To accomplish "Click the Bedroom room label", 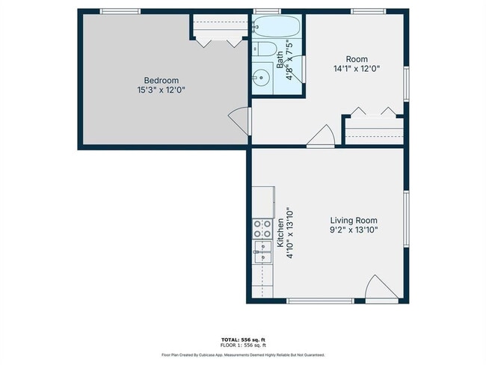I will [x=161, y=80].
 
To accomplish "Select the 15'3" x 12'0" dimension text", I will [x=161, y=90].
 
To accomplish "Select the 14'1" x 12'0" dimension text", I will [x=357, y=69].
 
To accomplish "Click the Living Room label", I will [x=354, y=221].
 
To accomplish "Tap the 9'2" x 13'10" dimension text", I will [x=354, y=230].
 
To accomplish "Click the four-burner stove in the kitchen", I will [x=262, y=228].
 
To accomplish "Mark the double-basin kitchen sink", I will [x=262, y=251].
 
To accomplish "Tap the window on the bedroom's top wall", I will [x=120, y=10].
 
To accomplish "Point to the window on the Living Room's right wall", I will [x=407, y=217].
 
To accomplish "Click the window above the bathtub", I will [x=267, y=10].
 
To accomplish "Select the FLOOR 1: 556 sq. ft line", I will [x=243, y=345].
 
